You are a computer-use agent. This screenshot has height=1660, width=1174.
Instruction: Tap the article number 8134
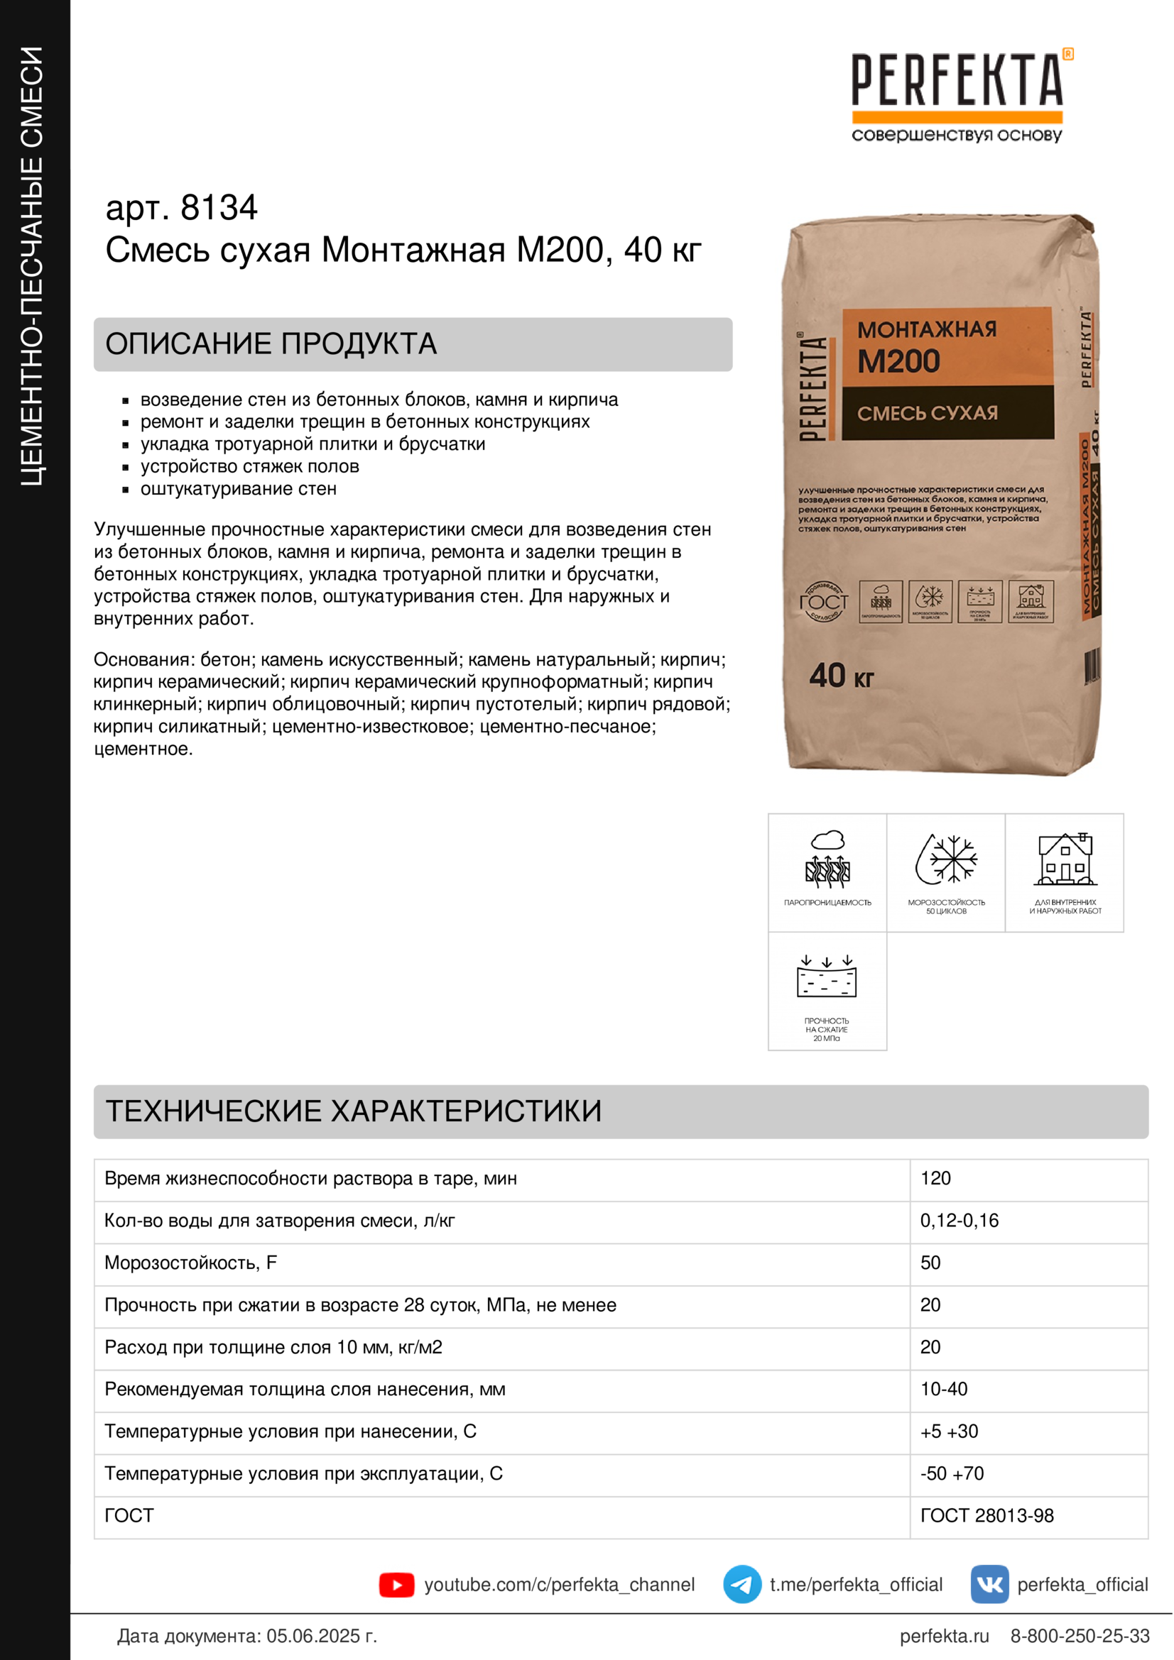219,208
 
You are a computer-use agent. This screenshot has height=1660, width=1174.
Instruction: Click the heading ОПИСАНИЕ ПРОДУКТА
271,344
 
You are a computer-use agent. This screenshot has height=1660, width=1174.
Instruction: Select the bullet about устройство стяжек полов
249,466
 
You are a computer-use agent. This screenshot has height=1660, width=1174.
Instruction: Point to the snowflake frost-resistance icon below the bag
946,859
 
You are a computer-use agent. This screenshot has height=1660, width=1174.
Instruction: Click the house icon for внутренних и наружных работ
1065,859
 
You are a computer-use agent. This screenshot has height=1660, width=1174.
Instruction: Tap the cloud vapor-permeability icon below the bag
827,859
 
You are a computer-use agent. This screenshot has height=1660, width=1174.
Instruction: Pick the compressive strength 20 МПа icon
827,977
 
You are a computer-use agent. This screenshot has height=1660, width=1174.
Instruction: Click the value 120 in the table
935,1179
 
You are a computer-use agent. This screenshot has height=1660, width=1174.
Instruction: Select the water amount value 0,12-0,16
960,1221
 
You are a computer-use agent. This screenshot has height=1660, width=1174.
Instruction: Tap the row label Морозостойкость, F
191,1263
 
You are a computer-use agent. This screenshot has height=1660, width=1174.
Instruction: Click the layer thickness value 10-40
943,1389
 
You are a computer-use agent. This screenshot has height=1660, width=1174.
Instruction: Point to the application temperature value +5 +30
949,1431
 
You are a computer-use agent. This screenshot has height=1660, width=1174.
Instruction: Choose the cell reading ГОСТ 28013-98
987,1515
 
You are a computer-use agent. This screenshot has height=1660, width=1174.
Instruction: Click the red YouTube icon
396,1585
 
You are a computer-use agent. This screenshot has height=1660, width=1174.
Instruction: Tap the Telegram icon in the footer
742,1585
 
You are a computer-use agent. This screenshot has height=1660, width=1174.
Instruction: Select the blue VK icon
989,1585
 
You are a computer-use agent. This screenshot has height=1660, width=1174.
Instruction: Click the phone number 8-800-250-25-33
1080,1636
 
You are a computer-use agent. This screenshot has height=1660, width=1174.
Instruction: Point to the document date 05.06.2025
321,1636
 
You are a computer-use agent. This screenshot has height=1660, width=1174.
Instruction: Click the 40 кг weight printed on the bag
841,677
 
